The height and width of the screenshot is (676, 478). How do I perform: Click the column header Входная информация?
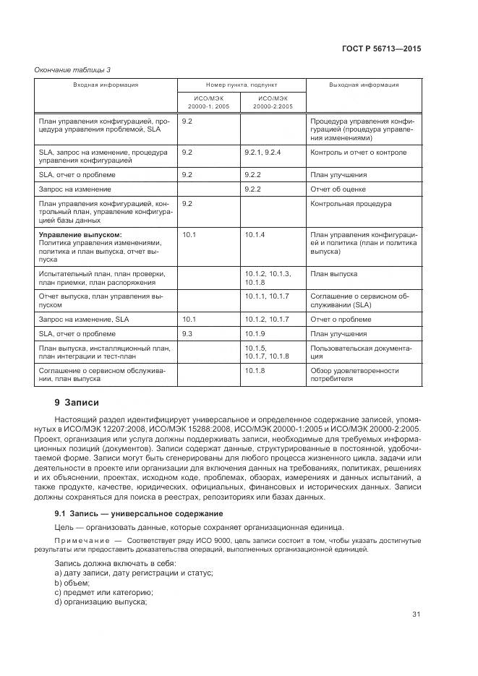pyautogui.click(x=106, y=85)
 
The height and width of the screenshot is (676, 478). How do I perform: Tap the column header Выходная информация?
pyautogui.click(x=364, y=85)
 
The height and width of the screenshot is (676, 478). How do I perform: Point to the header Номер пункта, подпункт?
pyautogui.click(x=241, y=85)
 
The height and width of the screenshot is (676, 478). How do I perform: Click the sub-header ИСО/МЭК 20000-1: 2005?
pyautogui.click(x=208, y=102)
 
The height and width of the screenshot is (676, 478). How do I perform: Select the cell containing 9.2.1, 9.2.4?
pyautogui.click(x=263, y=153)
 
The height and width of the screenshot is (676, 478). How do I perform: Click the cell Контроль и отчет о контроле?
pyautogui.click(x=358, y=153)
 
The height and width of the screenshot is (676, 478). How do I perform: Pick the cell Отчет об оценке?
pyautogui.click(x=338, y=189)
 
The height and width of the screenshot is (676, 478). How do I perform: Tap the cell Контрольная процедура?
pyautogui.click(x=351, y=204)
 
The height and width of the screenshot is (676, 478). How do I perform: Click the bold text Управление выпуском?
pyautogui.click(x=80, y=235)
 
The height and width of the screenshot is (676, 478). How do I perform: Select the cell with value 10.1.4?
pyautogui.click(x=255, y=235)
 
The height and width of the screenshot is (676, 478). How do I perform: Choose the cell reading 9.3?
pyautogui.click(x=187, y=334)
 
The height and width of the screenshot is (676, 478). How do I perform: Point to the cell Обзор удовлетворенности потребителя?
pyautogui.click(x=354, y=375)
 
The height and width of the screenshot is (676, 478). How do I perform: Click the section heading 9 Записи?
pyautogui.click(x=77, y=403)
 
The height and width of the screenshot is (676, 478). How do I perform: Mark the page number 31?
pyautogui.click(x=416, y=615)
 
